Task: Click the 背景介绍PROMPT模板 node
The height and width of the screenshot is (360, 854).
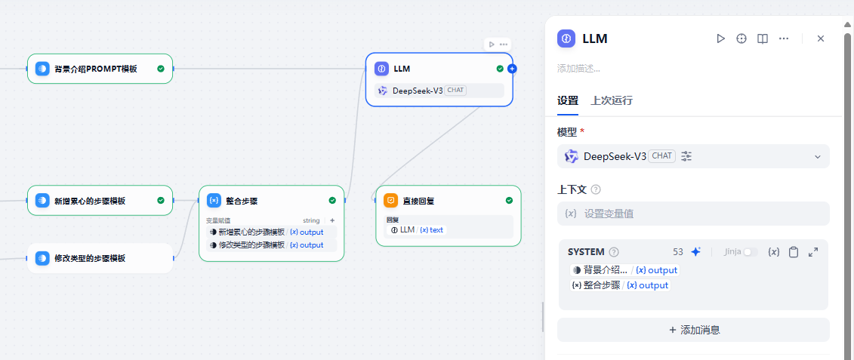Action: pos(100,69)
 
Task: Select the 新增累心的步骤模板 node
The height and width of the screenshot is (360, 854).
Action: pos(100,201)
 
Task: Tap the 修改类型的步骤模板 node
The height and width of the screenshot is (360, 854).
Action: pos(100,258)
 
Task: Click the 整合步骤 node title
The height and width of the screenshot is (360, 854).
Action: pos(242,201)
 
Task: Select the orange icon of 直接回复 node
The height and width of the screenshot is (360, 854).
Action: pos(390,201)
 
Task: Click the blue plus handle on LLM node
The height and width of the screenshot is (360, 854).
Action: pos(512,69)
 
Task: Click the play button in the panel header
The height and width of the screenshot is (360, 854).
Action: pos(720,38)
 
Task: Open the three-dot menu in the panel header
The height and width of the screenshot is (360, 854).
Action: pos(784,38)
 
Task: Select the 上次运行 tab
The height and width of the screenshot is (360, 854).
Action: pos(612,101)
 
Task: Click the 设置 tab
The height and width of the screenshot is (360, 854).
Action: pos(568,101)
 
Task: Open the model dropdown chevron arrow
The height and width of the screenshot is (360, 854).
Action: pos(818,157)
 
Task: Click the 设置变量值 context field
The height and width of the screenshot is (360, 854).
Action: pos(693,214)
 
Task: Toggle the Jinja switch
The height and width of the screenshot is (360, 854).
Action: pos(751,252)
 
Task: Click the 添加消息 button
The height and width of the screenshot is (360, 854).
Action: pos(693,330)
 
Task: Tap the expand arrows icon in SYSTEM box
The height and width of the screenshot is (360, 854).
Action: pos(813,252)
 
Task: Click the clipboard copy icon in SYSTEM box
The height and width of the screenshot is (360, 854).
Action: pos(794,252)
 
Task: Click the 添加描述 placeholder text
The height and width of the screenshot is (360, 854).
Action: pos(578,69)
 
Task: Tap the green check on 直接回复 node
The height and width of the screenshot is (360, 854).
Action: pos(509,201)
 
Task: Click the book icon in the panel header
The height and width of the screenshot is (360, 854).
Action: pos(763,38)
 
